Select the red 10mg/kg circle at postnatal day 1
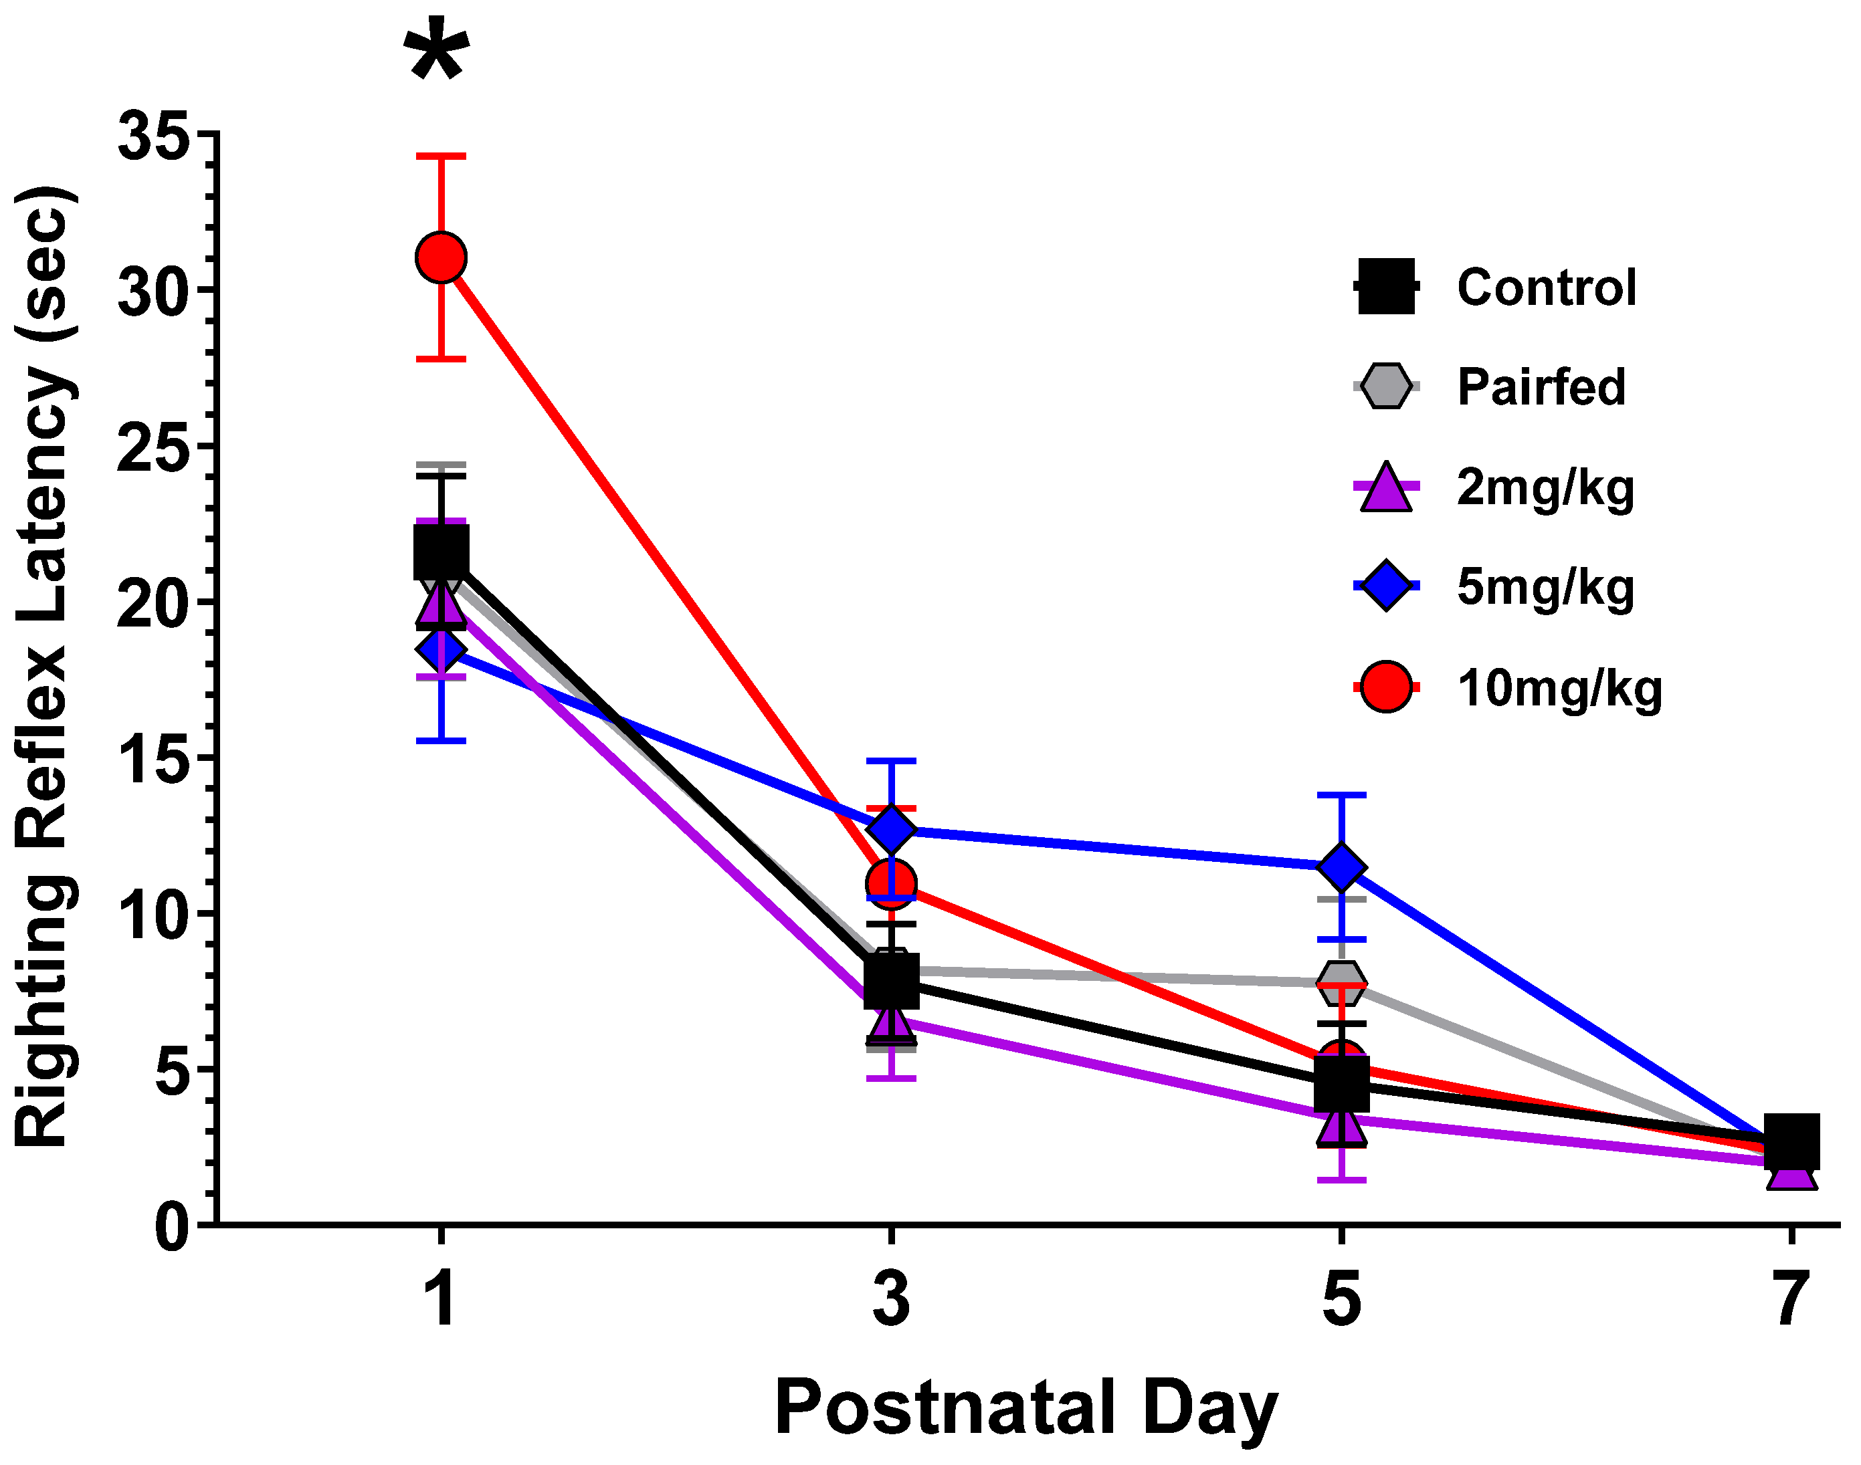pos(441,257)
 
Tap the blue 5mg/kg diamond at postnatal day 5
pos(1341,867)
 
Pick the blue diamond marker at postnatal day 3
pos(892,828)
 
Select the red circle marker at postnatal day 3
pos(892,883)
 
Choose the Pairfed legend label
pos(1541,387)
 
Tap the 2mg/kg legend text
pos(1545,488)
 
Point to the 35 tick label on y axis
pos(153,136)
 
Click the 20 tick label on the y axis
pos(153,604)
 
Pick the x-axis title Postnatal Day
pos(1026,1408)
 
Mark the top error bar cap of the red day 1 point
pos(441,156)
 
